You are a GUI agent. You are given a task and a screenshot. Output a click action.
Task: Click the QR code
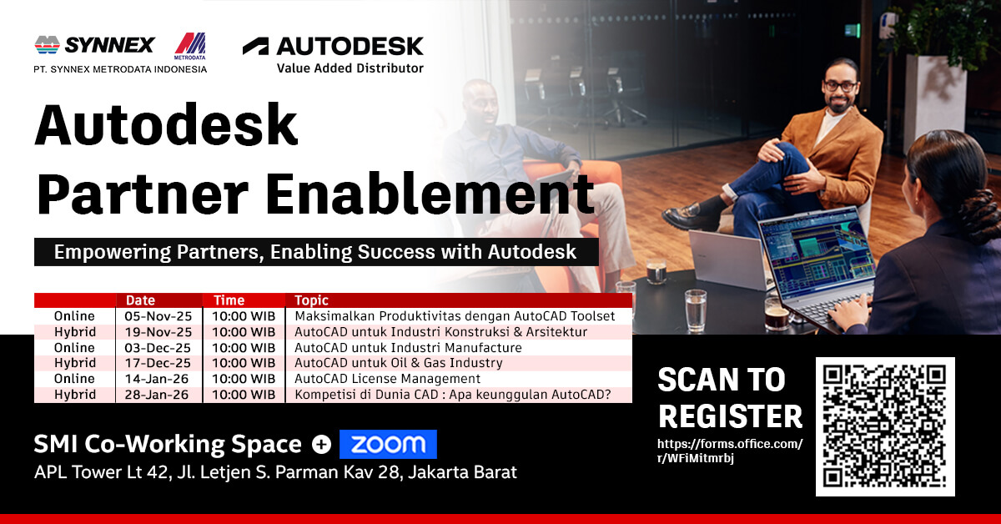point(885,426)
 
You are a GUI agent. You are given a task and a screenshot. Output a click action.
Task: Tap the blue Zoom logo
point(388,444)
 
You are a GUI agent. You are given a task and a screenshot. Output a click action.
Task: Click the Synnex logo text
point(110,45)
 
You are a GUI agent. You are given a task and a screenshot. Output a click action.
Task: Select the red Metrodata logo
point(190,46)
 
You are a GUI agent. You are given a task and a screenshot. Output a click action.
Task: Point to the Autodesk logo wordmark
point(350,46)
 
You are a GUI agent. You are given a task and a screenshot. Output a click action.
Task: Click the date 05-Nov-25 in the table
point(158,316)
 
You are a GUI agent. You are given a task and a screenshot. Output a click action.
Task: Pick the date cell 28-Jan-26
point(157,395)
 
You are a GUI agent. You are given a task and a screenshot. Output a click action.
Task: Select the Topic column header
point(311,300)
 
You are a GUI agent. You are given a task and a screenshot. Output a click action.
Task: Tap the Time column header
point(229,300)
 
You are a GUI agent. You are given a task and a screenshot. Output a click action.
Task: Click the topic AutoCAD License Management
point(387,379)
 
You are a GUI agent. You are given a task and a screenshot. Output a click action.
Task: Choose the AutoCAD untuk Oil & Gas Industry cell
point(399,363)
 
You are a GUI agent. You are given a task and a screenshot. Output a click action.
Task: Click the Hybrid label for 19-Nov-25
point(75,332)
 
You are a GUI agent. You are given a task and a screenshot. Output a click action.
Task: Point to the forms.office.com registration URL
point(730,451)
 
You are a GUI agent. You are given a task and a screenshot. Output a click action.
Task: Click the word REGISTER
point(730,416)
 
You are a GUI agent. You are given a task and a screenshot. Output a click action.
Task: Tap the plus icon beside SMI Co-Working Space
point(321,445)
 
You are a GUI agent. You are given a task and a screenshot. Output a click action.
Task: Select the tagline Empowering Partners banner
point(316,252)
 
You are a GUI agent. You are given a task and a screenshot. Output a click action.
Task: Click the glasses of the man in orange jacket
point(840,86)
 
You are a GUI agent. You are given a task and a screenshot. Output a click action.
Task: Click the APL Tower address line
point(275,472)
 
